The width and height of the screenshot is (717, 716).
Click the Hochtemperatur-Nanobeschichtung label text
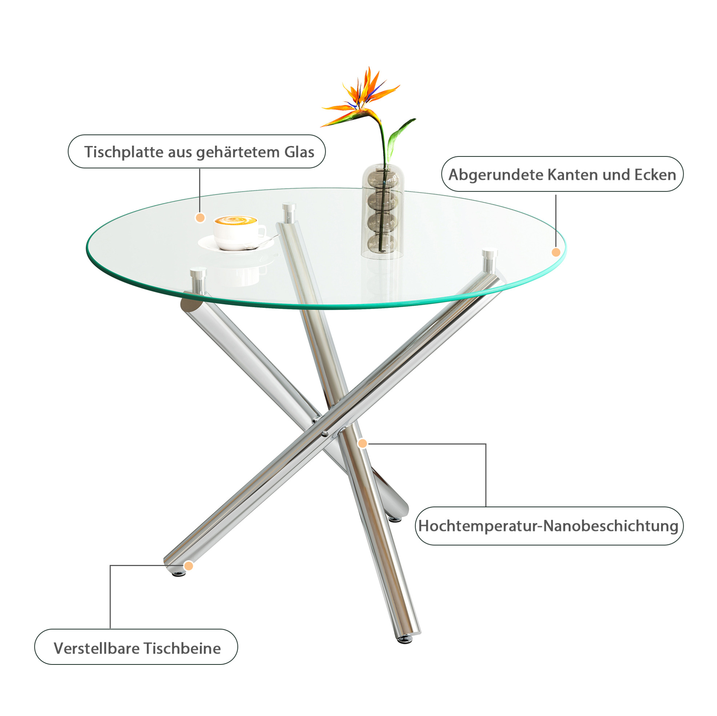(548, 526)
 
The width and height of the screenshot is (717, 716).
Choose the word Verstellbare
(97, 648)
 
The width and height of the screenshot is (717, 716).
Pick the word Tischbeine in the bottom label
(182, 648)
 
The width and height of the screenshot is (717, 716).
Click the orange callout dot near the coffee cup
(200, 217)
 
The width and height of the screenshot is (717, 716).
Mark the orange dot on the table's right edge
(556, 252)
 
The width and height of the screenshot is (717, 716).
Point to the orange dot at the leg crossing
(363, 443)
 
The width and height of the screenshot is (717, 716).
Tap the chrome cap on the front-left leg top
(198, 280)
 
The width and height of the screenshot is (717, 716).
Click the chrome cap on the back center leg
(289, 212)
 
